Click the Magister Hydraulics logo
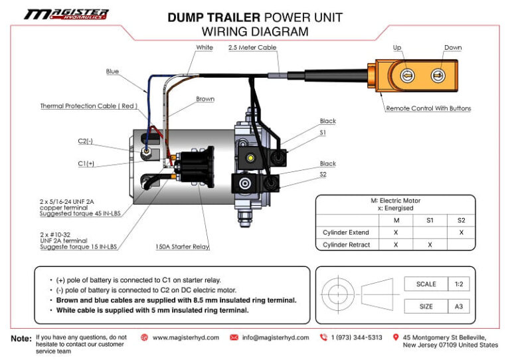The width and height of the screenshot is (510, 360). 66,14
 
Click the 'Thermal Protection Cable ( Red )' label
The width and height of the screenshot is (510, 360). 88,106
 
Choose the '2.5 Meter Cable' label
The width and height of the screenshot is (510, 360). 252,48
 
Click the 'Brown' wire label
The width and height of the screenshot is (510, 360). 205,99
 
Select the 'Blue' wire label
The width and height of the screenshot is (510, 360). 112,71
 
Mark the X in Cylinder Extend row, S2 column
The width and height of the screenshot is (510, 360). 461,232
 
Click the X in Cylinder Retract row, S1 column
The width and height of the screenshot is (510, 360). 430,244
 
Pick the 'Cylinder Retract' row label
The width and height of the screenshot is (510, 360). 346,244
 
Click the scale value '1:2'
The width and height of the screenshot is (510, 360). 458,284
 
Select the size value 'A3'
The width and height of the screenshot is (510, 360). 458,306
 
